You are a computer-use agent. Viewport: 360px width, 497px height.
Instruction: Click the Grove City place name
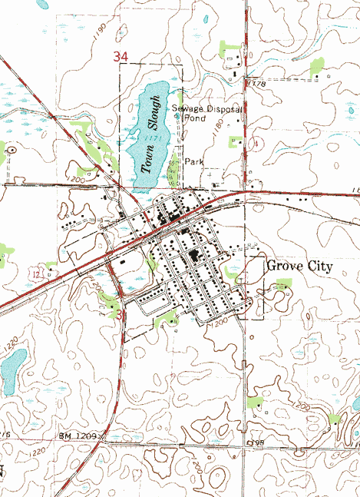click(299, 267)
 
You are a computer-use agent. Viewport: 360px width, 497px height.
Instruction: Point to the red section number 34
click(120, 57)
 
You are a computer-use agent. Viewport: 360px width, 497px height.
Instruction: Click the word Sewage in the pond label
click(187, 108)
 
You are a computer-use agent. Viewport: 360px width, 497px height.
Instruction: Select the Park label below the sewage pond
click(194, 162)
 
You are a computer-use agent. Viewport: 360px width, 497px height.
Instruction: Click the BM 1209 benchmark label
click(79, 436)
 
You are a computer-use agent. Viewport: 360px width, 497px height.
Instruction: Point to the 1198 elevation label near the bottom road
click(254, 445)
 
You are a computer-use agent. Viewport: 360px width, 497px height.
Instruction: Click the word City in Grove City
click(319, 267)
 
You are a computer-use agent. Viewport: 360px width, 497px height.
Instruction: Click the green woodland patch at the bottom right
click(334, 419)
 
